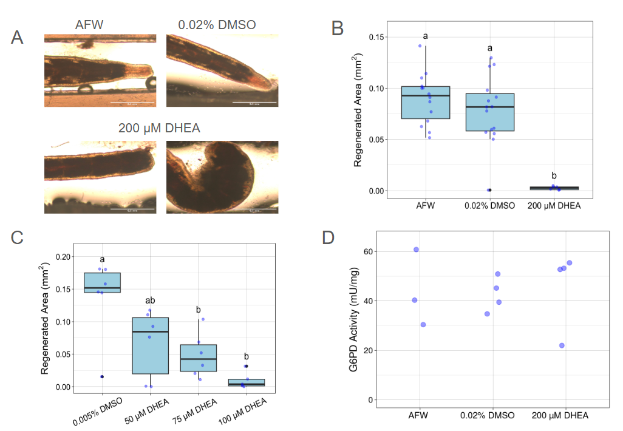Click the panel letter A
18,37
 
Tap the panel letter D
329,237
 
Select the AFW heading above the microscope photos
89,25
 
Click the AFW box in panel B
426,102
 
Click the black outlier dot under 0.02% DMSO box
489,190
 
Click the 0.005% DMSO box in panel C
102,283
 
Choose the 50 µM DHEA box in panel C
150,345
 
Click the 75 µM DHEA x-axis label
199,409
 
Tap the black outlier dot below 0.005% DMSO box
102,376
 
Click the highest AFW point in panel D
416,249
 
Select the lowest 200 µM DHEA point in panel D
562,345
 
